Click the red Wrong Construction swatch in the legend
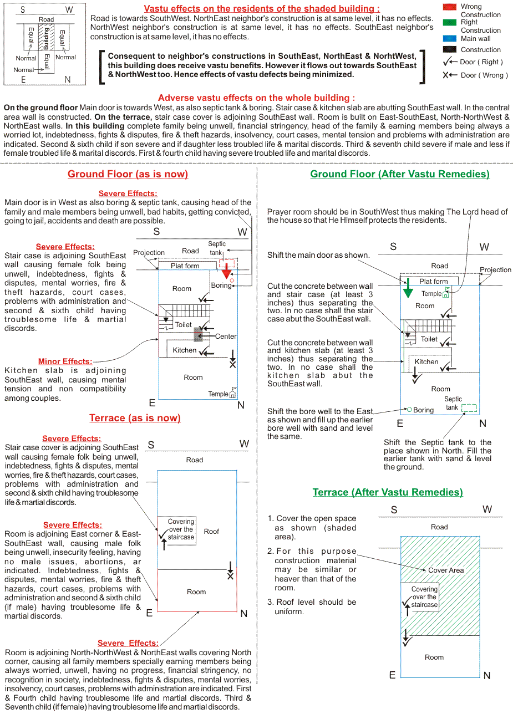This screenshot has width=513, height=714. [x=450, y=7]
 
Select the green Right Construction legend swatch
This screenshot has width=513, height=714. [x=450, y=22]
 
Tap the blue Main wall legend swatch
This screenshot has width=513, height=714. [x=450, y=38]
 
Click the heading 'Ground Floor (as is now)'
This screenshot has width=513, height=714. [x=128, y=174]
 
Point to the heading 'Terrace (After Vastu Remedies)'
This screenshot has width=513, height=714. [x=388, y=492]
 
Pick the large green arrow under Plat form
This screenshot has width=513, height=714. [x=408, y=288]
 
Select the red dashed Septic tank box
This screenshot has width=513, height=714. [x=227, y=262]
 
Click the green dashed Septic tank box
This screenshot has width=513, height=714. [x=469, y=408]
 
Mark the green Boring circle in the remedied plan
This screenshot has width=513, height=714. [x=409, y=410]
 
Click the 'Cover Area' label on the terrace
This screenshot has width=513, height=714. [x=446, y=570]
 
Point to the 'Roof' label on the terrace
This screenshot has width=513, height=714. [x=211, y=531]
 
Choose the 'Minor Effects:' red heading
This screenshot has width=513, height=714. [x=65, y=361]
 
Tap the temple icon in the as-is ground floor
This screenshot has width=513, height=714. [x=232, y=393]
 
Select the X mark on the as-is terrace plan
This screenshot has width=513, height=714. [x=230, y=577]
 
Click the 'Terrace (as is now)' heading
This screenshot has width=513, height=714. [x=135, y=418]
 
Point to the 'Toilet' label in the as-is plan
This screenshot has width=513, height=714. [x=184, y=325]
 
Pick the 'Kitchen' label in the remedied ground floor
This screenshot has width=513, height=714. [x=426, y=362]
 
